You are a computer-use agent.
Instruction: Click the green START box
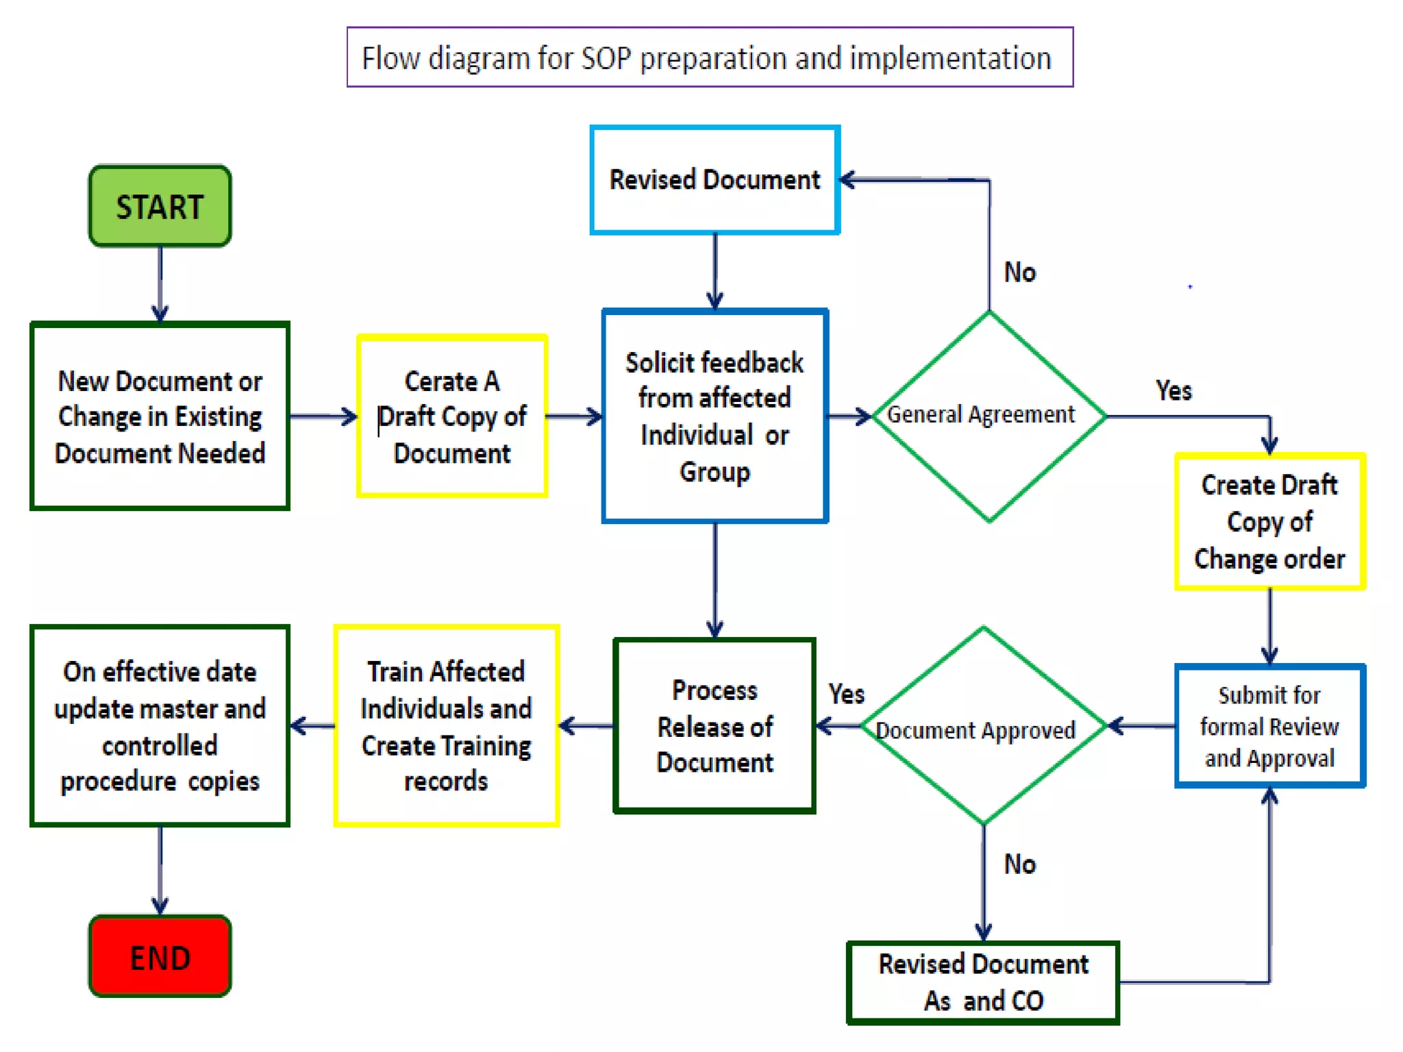[x=160, y=205]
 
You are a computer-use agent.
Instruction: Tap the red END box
[x=160, y=956]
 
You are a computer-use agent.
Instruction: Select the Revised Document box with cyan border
[x=715, y=179]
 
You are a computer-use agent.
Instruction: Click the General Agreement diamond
[x=988, y=415]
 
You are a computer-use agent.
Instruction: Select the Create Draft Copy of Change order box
[x=1269, y=521]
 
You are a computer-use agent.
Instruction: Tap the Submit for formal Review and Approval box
[x=1269, y=726]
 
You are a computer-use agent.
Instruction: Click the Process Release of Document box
[x=715, y=726]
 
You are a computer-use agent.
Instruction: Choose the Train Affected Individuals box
[x=446, y=726]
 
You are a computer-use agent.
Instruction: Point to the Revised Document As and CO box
[x=982, y=982]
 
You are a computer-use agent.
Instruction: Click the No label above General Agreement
[x=1019, y=273]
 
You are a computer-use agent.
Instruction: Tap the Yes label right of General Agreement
[x=1173, y=390]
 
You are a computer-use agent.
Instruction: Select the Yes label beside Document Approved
[x=846, y=694]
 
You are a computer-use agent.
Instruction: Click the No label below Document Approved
[x=1019, y=864]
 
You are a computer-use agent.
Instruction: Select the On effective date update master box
[x=160, y=726]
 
